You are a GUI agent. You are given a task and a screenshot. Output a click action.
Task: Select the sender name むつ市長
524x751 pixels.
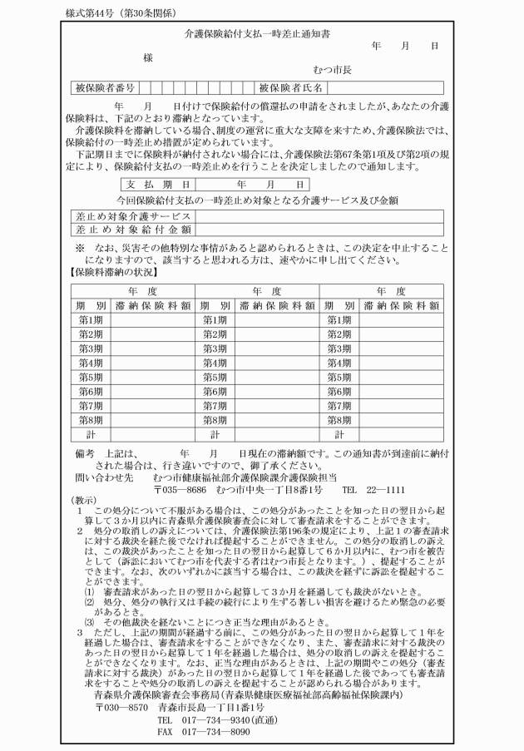332,72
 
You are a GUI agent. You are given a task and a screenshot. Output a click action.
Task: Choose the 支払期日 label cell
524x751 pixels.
158,184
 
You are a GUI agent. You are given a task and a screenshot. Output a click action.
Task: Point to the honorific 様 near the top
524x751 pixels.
147,57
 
